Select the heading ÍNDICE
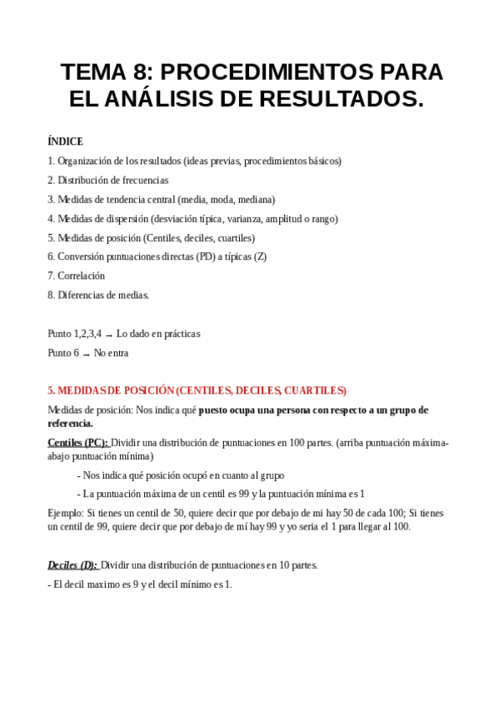tap(65, 142)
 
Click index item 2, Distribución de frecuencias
tap(107, 180)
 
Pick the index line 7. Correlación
tap(76, 276)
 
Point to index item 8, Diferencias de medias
tap(97, 295)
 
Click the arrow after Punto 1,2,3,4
tap(109, 334)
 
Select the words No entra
tap(112, 353)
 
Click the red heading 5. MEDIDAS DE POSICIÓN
tap(197, 390)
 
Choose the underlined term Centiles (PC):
tap(78, 443)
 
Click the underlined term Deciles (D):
tap(72, 565)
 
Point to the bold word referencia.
tap(71, 424)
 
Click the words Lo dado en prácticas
tap(158, 334)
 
